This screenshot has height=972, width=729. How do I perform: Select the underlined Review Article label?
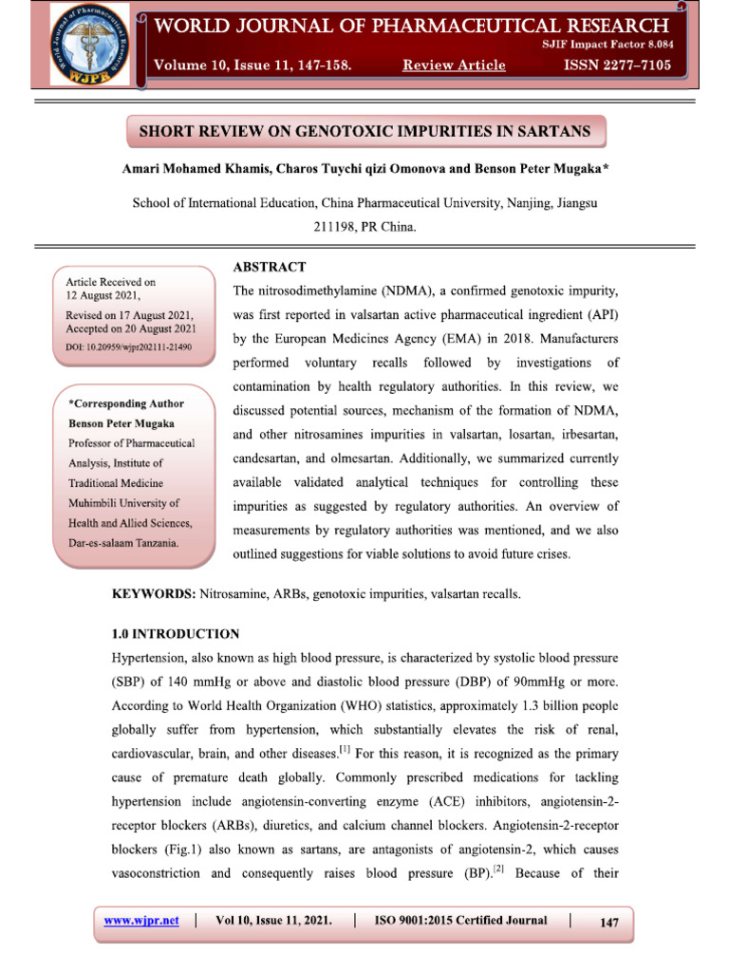454,65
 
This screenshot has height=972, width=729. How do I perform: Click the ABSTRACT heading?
269,267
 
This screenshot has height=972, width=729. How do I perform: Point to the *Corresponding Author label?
126,403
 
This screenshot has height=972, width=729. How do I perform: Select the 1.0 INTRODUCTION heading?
176,633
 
